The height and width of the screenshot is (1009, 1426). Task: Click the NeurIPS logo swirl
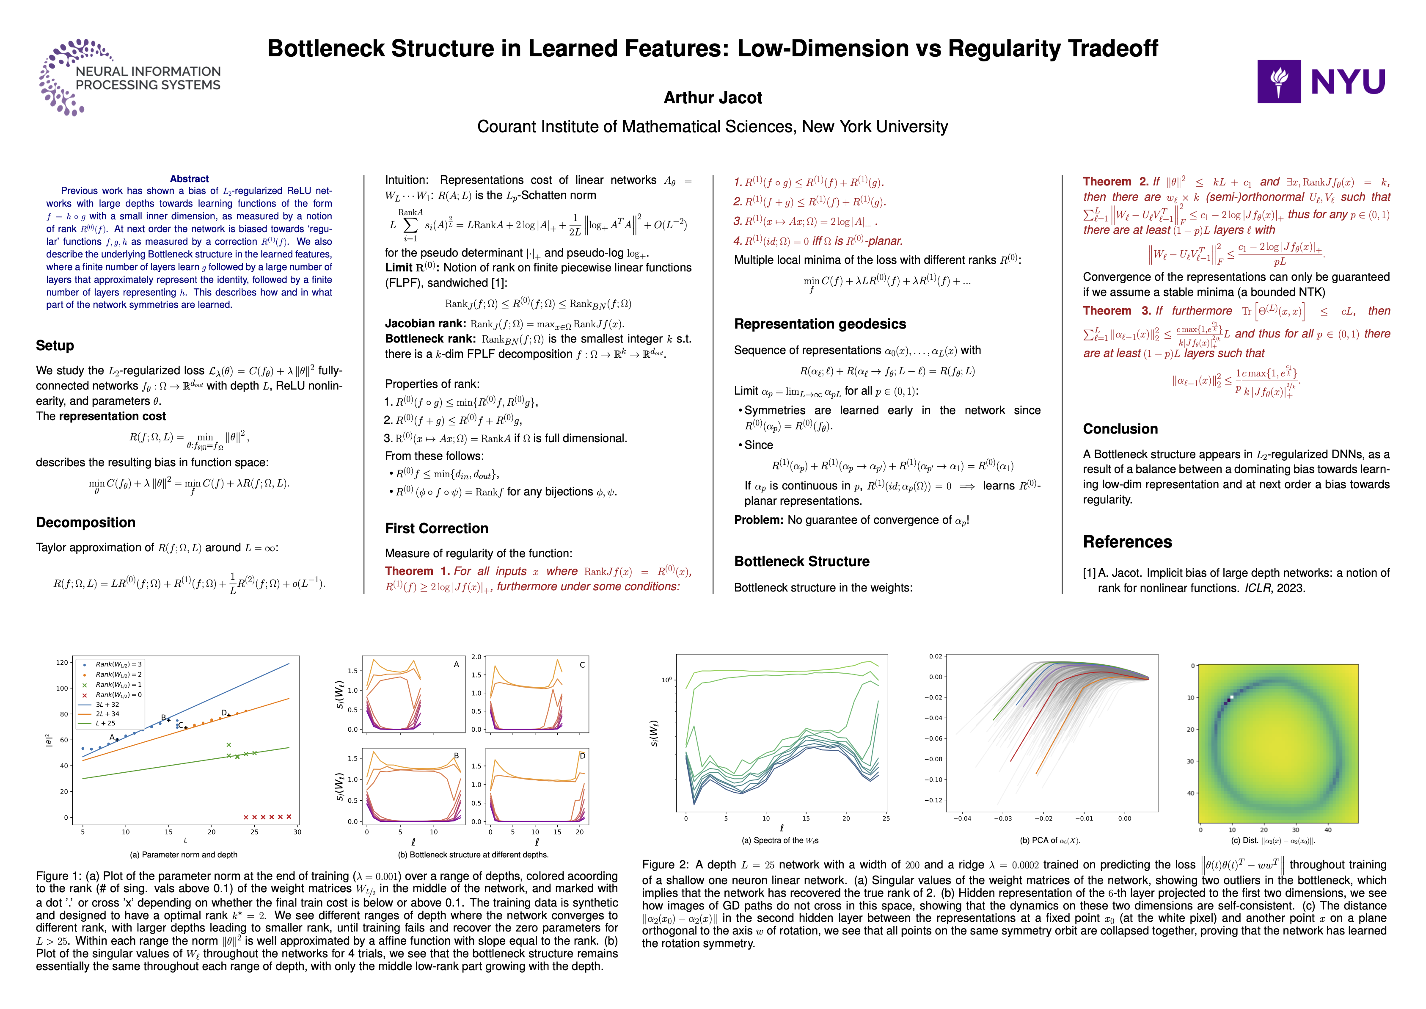click(x=62, y=77)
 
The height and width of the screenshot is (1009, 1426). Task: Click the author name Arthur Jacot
click(x=713, y=97)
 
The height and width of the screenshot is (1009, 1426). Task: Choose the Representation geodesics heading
click(x=819, y=323)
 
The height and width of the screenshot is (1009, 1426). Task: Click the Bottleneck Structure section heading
click(x=801, y=561)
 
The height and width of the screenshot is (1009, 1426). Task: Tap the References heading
click(x=1127, y=542)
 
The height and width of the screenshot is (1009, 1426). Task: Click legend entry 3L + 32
click(x=107, y=705)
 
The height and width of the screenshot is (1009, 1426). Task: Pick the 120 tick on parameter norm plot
click(x=62, y=662)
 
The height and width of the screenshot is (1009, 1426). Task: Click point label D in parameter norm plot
click(x=223, y=713)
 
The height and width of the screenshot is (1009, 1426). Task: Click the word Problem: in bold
click(x=759, y=520)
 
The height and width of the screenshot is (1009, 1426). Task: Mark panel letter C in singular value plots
click(x=582, y=665)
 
